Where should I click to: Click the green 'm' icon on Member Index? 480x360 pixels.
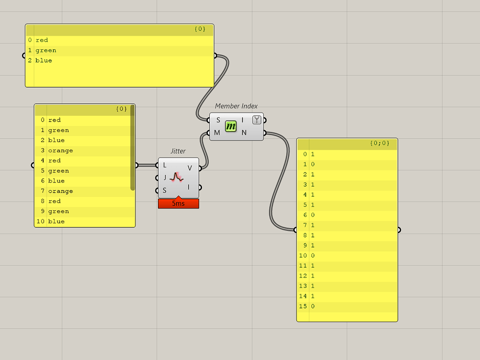coord(231,126)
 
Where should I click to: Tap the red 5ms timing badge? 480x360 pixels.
coord(178,204)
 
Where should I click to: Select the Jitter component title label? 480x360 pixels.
coord(178,151)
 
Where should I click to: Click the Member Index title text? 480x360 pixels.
coord(236,106)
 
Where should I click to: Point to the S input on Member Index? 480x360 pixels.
coord(218,120)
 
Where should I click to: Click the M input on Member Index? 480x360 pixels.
coord(217,132)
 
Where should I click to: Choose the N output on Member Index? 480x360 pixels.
coord(244,132)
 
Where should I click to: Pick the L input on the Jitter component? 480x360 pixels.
coord(165,165)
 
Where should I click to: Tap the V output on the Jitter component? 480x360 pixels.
coord(190,168)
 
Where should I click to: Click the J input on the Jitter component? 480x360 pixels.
coord(165,178)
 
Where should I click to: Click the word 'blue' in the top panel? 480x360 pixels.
coord(44,60)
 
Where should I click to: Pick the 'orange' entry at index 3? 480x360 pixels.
coord(60,150)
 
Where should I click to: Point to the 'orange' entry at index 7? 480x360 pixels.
coord(60,191)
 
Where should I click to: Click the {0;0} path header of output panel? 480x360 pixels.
coord(380,143)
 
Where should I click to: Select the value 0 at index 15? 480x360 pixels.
coord(313,306)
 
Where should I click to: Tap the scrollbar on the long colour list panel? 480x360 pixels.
coord(132,149)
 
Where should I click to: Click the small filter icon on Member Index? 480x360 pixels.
coord(257,120)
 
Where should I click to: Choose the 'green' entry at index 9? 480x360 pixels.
coord(59,211)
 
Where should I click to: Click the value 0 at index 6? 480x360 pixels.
coord(313,215)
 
